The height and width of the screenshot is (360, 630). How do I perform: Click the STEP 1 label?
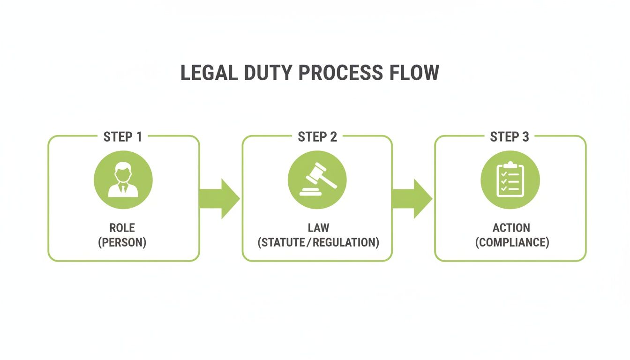(x=122, y=137)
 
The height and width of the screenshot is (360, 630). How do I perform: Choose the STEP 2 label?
(x=317, y=137)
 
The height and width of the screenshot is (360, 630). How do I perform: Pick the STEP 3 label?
(x=510, y=137)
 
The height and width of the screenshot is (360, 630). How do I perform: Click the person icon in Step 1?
(x=123, y=180)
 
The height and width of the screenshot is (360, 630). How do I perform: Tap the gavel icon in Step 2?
(x=317, y=180)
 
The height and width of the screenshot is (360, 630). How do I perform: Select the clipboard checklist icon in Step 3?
(x=510, y=180)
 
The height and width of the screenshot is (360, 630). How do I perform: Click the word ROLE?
(x=122, y=228)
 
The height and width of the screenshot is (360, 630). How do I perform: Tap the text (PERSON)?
(x=122, y=243)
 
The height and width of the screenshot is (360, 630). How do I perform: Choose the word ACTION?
(x=511, y=228)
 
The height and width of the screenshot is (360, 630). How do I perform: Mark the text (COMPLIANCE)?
(x=511, y=243)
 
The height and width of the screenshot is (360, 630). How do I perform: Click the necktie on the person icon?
(x=123, y=189)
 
